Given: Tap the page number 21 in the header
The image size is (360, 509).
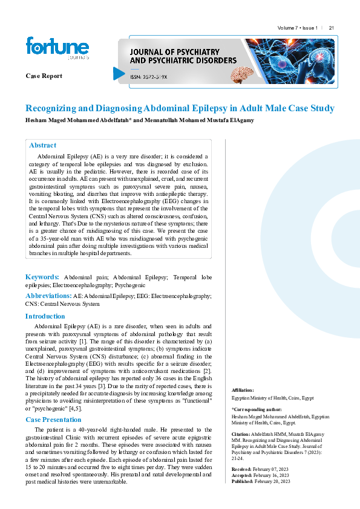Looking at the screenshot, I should [332, 28].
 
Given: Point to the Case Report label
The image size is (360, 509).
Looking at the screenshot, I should [44, 76].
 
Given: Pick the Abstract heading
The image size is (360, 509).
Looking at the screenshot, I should [42, 145].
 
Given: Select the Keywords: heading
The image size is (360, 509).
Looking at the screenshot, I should [42, 276].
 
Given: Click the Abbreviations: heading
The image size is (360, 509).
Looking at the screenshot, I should [48, 296].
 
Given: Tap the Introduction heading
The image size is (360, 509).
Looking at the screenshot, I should [45, 316].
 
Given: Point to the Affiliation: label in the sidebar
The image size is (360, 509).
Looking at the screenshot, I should [243, 391].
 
